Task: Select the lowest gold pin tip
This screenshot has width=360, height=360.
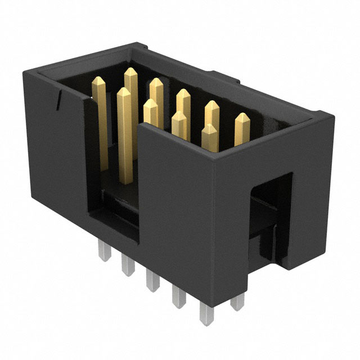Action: pos(209,127)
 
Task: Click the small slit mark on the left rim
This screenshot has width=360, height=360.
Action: pos(58,101)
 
